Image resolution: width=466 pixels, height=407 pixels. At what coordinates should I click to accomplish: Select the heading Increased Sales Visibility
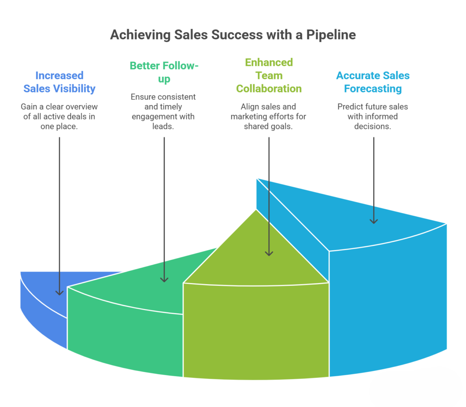(60, 82)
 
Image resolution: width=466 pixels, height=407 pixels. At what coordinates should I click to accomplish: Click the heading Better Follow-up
(164, 72)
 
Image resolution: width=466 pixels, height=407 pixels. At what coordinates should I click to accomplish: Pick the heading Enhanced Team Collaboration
(269, 75)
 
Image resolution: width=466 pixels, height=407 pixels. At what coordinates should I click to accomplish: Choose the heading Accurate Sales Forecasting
(373, 82)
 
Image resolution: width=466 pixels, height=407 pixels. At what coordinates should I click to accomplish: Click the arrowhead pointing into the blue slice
(60, 292)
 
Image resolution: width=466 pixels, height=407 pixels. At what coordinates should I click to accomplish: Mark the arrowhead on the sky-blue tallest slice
(374, 220)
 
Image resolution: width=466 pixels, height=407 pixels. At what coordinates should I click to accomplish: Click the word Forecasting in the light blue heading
(373, 89)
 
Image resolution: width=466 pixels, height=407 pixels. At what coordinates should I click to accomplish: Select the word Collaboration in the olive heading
(269, 88)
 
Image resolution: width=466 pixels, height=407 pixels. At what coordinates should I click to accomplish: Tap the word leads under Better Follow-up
(164, 126)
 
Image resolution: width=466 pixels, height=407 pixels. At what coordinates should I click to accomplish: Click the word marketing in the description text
(250, 117)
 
